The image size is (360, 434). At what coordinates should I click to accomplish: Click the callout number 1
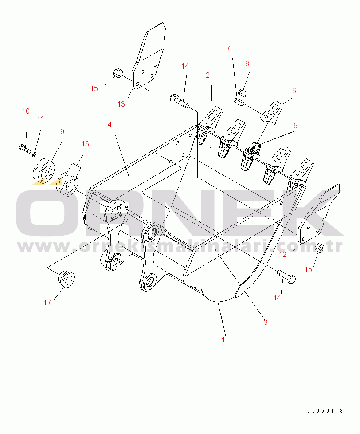223,340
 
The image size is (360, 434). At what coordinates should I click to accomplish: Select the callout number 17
47,303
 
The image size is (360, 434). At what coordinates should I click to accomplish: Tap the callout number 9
62,131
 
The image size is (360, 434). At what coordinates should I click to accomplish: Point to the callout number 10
26,110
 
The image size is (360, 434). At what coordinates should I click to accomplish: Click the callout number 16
85,144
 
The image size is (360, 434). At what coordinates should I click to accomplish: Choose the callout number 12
283,254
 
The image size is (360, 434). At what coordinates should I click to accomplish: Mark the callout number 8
247,64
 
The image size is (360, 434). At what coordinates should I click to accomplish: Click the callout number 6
293,90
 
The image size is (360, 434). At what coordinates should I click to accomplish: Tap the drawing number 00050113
325,411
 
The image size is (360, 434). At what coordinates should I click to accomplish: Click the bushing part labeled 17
67,279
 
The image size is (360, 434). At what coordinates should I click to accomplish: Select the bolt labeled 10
25,148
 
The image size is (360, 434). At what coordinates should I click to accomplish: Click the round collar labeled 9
44,170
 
